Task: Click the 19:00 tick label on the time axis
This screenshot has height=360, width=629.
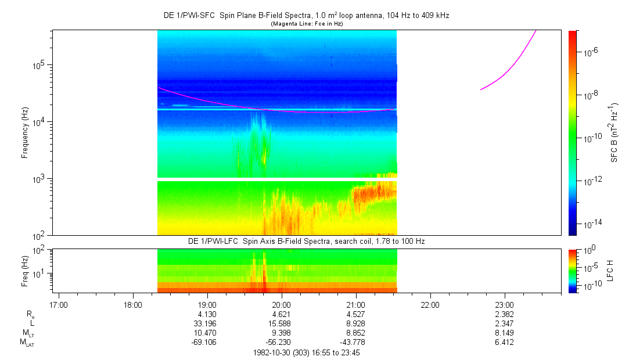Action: point(207,305)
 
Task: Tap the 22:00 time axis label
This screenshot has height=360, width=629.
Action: point(430,305)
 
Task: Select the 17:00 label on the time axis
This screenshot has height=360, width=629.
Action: point(59,305)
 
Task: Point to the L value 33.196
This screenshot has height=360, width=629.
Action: point(205,323)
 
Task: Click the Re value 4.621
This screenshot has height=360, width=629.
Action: point(281,314)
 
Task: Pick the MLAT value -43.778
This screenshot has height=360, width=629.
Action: point(352,343)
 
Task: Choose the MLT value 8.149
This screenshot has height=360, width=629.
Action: point(504,333)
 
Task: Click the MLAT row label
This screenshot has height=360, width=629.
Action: point(27,343)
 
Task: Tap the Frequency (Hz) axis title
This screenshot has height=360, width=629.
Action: point(25,133)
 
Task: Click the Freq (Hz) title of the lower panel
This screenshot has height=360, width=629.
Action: point(25,271)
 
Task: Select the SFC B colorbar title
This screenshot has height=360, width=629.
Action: point(614,133)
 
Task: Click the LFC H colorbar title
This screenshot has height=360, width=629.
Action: point(610,271)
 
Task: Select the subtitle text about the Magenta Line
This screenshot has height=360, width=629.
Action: point(307,24)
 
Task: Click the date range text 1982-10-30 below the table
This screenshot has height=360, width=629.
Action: point(307,353)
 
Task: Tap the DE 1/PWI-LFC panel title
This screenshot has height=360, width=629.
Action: point(307,242)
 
